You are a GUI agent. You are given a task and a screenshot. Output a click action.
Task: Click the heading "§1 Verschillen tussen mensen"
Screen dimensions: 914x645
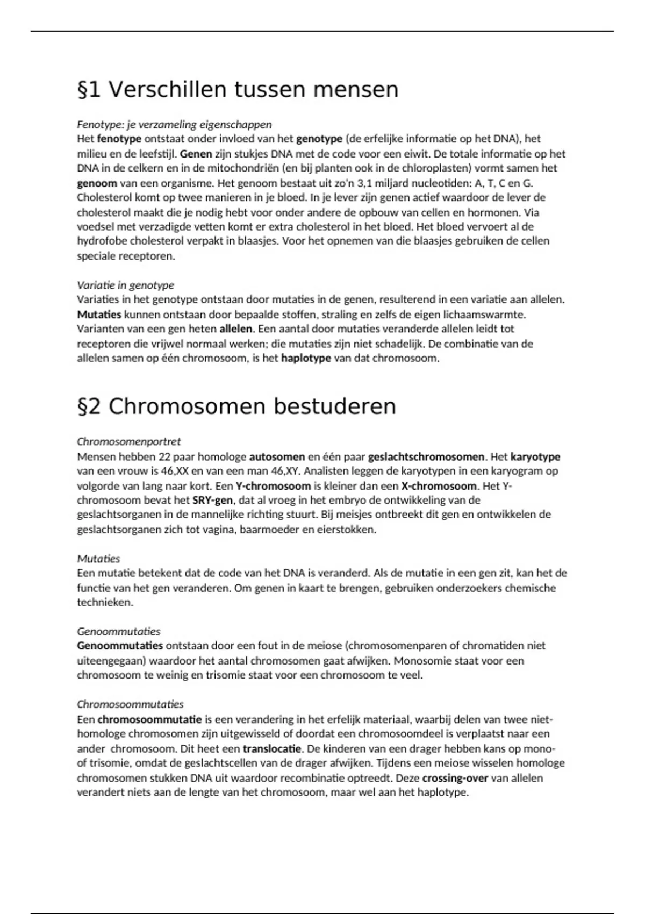coord(238,89)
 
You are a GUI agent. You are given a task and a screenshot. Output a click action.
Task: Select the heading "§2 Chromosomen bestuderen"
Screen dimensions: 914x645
coord(236,406)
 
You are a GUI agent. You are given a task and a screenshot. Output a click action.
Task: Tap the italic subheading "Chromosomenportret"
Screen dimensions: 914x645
coord(128,441)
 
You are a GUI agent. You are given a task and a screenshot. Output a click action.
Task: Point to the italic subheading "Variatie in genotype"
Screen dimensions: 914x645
coord(125,285)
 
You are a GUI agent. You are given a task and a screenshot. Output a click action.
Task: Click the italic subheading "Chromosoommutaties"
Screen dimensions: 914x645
coord(130,704)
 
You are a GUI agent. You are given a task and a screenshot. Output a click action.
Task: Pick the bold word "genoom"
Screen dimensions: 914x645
coord(97,183)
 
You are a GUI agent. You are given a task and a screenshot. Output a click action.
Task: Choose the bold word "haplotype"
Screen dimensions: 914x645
coord(306,358)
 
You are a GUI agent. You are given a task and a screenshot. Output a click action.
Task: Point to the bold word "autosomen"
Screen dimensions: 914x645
coord(277,457)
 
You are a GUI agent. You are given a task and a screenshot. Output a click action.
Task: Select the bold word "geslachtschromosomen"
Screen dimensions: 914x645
coord(426,457)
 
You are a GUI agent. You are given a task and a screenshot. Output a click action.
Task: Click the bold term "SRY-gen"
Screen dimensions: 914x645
coord(212,501)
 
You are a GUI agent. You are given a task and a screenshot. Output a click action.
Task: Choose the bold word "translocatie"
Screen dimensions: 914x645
coord(272,748)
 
